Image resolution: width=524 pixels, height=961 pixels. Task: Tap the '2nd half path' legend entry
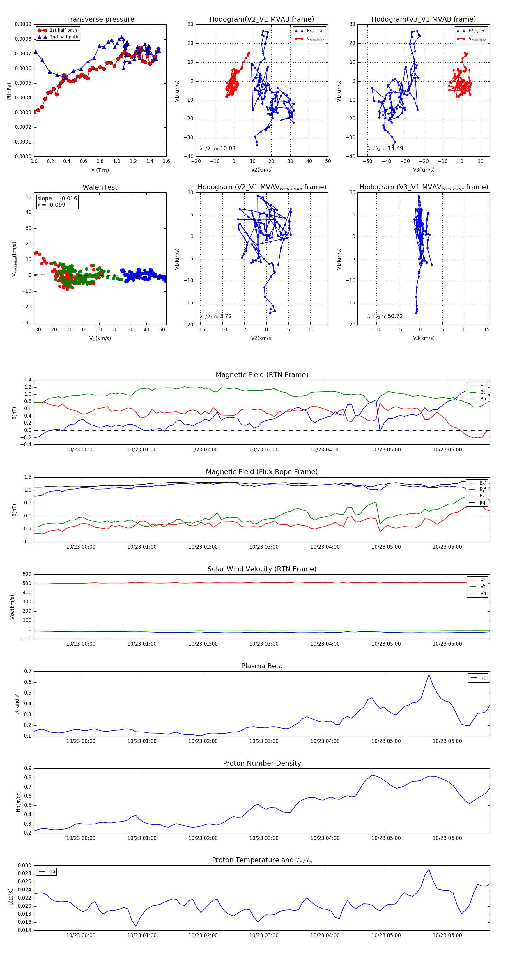coord(64,37)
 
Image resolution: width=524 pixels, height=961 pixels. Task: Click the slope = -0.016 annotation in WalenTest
coord(57,199)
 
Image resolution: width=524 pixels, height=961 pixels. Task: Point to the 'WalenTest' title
coord(100,187)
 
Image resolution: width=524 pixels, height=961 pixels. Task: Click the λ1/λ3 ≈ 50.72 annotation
coord(385,316)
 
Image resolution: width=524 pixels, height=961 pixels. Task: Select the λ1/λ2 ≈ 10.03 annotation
coord(217,149)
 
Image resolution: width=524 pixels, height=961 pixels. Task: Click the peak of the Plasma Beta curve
coord(429,674)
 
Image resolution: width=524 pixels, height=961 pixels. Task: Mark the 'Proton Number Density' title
coord(262,763)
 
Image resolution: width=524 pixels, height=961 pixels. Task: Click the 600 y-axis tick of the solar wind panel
coord(27,574)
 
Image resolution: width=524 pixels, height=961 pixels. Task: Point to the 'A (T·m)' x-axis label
coord(100,170)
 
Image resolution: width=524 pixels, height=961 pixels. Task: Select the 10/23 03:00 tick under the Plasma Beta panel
coord(264,741)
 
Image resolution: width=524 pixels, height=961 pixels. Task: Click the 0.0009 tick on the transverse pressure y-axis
coord(23,25)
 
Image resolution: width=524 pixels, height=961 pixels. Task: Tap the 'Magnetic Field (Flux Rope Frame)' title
coord(262,472)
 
